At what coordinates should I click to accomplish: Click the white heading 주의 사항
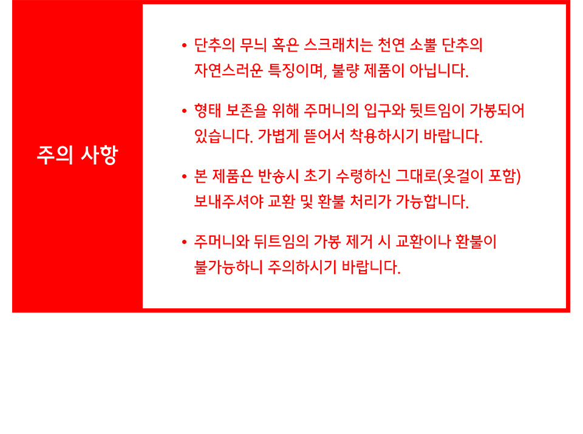click(x=77, y=155)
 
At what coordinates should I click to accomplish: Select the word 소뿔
click(x=423, y=46)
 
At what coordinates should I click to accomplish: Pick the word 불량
click(x=345, y=70)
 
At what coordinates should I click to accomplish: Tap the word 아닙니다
click(x=438, y=70)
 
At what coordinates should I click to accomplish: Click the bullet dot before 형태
click(x=184, y=110)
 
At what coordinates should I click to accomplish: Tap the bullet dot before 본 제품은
click(x=184, y=177)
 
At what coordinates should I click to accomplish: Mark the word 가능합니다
click(x=432, y=202)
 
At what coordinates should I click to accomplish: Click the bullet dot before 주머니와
click(x=184, y=242)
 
